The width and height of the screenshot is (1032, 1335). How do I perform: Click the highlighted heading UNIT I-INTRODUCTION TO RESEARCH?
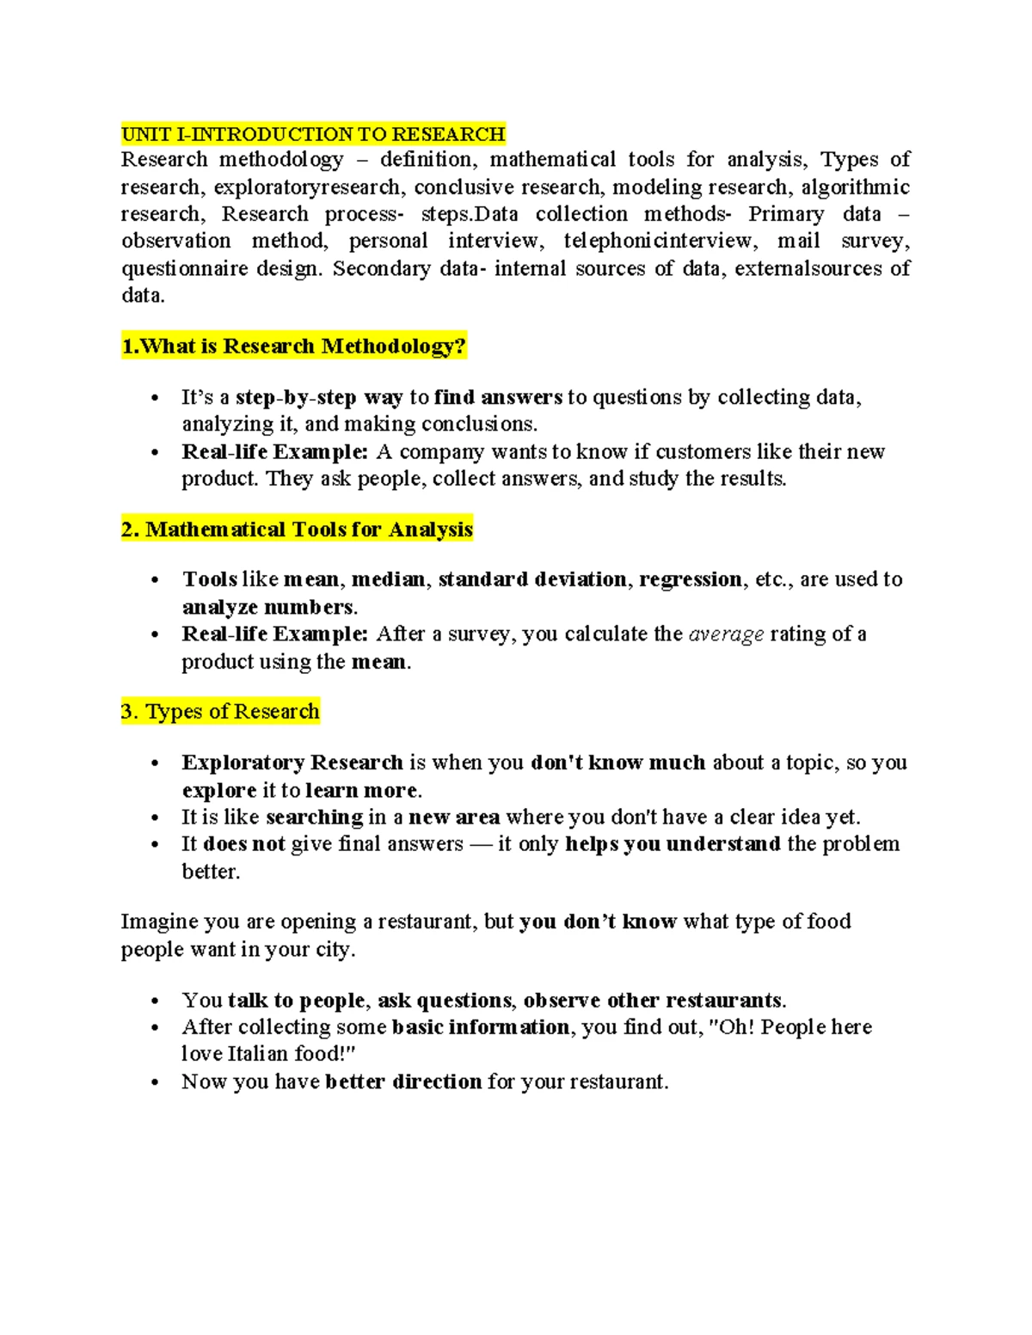click(x=313, y=134)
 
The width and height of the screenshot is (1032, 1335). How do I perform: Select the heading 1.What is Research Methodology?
click(x=294, y=346)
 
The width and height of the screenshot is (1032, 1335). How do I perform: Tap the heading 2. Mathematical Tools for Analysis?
click(x=297, y=530)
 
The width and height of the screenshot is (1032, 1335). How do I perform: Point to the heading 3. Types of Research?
click(x=220, y=712)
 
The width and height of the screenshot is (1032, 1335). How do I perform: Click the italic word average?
click(x=727, y=634)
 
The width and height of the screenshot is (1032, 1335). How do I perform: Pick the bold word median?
click(x=389, y=579)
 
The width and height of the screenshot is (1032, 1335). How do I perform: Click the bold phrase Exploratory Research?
click(x=292, y=762)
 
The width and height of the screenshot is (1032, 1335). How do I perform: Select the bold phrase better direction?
click(x=403, y=1081)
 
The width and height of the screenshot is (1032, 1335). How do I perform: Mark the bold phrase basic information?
click(x=480, y=1027)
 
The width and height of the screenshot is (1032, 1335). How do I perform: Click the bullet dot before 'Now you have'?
click(x=155, y=1083)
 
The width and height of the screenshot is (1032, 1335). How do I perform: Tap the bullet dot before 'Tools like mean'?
click(x=155, y=581)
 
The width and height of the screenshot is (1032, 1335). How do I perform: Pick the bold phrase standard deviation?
click(x=531, y=579)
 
